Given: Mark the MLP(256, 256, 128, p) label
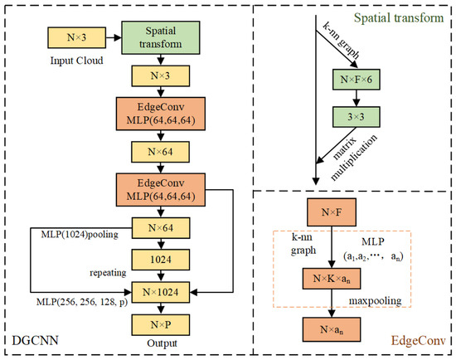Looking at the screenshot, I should [68, 304].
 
